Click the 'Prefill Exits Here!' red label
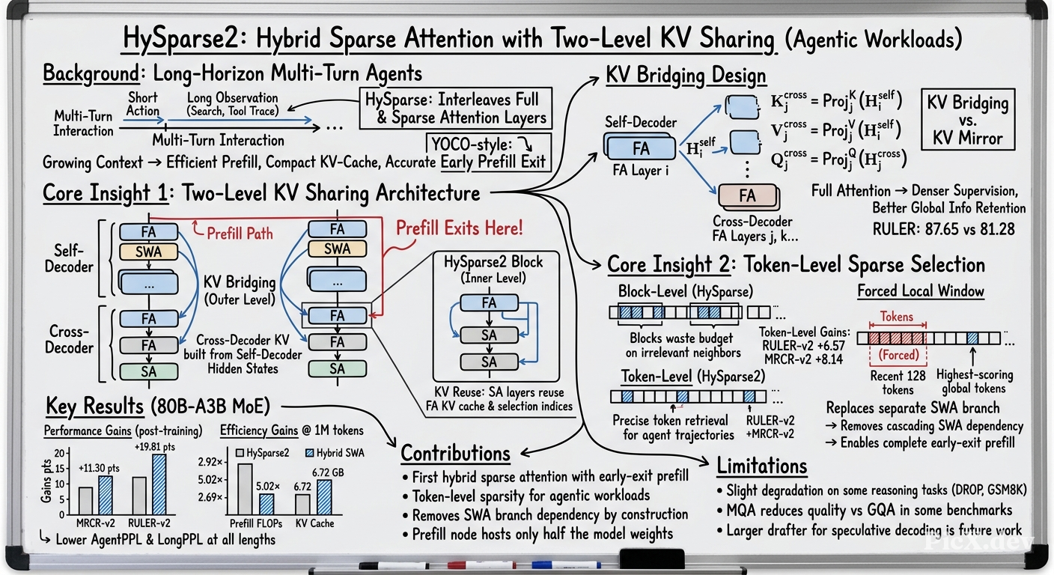pos(459,228)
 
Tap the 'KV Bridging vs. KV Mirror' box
pos(968,120)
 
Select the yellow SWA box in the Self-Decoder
pos(149,252)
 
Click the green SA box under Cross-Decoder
pos(149,371)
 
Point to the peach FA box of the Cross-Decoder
pos(748,195)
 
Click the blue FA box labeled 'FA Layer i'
pos(640,147)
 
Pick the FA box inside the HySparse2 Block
pos(489,302)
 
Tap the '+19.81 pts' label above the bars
pos(154,446)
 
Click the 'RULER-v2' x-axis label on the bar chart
pos(149,523)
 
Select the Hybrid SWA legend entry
pos(335,453)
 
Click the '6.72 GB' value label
pos(328,472)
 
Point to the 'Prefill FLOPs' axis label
pos(255,523)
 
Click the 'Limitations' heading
pos(762,466)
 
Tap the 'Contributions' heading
pos(455,453)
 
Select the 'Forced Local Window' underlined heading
pos(920,290)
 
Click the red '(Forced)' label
pos(899,354)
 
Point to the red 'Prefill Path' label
pos(240,234)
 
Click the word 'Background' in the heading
pos(91,74)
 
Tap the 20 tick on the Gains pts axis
pos(60,453)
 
